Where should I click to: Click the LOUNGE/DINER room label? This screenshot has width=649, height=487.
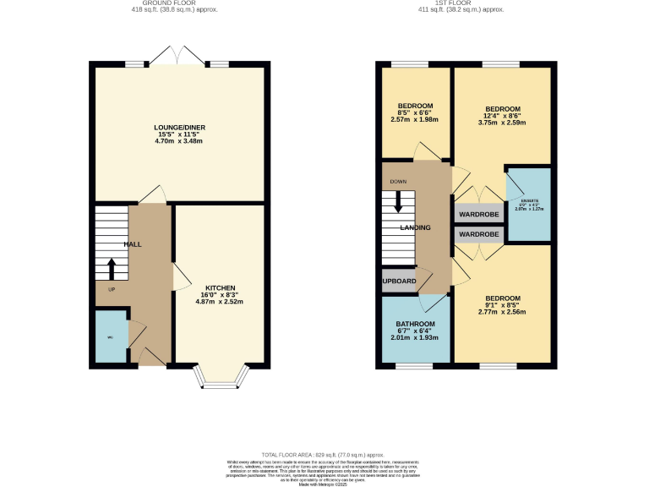[x=179, y=128]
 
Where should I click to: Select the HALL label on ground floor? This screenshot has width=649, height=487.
[x=133, y=244]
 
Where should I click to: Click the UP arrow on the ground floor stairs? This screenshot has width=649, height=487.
[x=112, y=269]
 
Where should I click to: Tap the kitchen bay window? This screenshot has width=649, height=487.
[x=222, y=378]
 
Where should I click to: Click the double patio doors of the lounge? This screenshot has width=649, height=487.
[x=177, y=57]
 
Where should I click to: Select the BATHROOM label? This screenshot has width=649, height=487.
[x=416, y=324]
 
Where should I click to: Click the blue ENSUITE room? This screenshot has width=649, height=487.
[x=528, y=205]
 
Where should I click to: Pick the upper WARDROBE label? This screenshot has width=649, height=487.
[x=478, y=215]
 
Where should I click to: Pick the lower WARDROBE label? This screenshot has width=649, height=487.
[x=478, y=233]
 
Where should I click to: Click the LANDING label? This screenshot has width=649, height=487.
[x=415, y=227]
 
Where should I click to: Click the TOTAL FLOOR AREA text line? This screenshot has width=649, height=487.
[x=324, y=454]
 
